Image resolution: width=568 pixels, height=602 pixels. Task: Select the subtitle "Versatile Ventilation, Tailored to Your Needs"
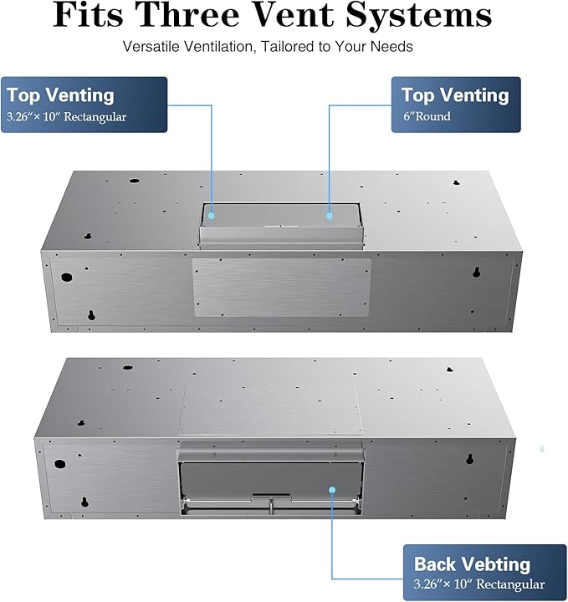pyautogui.click(x=268, y=46)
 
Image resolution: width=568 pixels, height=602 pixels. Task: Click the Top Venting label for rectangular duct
pyautogui.click(x=84, y=105)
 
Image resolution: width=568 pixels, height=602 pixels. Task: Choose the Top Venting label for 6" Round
pyautogui.click(x=456, y=105)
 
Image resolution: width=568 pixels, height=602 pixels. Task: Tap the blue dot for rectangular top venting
pyautogui.click(x=212, y=215)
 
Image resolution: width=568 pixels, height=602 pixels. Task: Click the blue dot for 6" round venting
pyautogui.click(x=330, y=215)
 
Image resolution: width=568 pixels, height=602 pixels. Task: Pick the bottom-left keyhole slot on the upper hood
pyautogui.click(x=91, y=316)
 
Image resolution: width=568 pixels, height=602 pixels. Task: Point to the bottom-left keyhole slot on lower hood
pyautogui.click(x=84, y=503)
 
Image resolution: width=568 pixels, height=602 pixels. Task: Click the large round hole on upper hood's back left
pyautogui.click(x=67, y=276)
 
